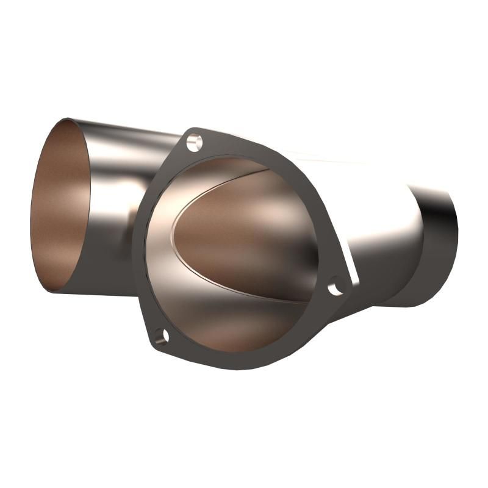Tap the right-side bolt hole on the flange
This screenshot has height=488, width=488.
click(x=335, y=287)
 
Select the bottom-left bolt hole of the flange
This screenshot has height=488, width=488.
click(x=160, y=335)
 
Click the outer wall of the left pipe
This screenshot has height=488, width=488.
click(x=116, y=183)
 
